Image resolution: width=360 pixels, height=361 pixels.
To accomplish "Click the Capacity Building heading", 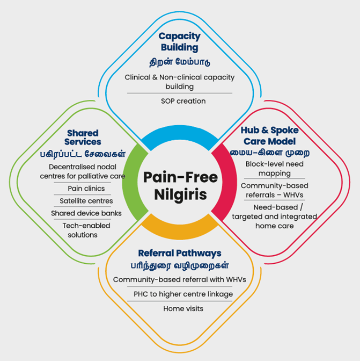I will tap(180, 42).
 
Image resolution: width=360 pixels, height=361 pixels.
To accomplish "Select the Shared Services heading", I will tap(83, 137).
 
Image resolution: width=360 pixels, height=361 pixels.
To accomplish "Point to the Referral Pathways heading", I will tap(179, 253).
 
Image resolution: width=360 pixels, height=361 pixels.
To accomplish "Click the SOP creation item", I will tap(180, 100).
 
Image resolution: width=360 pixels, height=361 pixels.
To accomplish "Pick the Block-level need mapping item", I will tap(274, 169).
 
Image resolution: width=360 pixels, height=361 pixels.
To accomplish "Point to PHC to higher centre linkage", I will tap(180, 294).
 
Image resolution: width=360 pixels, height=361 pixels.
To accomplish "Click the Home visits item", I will tap(180, 308).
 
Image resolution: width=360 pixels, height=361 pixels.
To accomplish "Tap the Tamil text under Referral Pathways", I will tap(179, 265).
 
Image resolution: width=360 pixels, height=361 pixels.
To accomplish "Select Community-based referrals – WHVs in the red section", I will tap(274, 190).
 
